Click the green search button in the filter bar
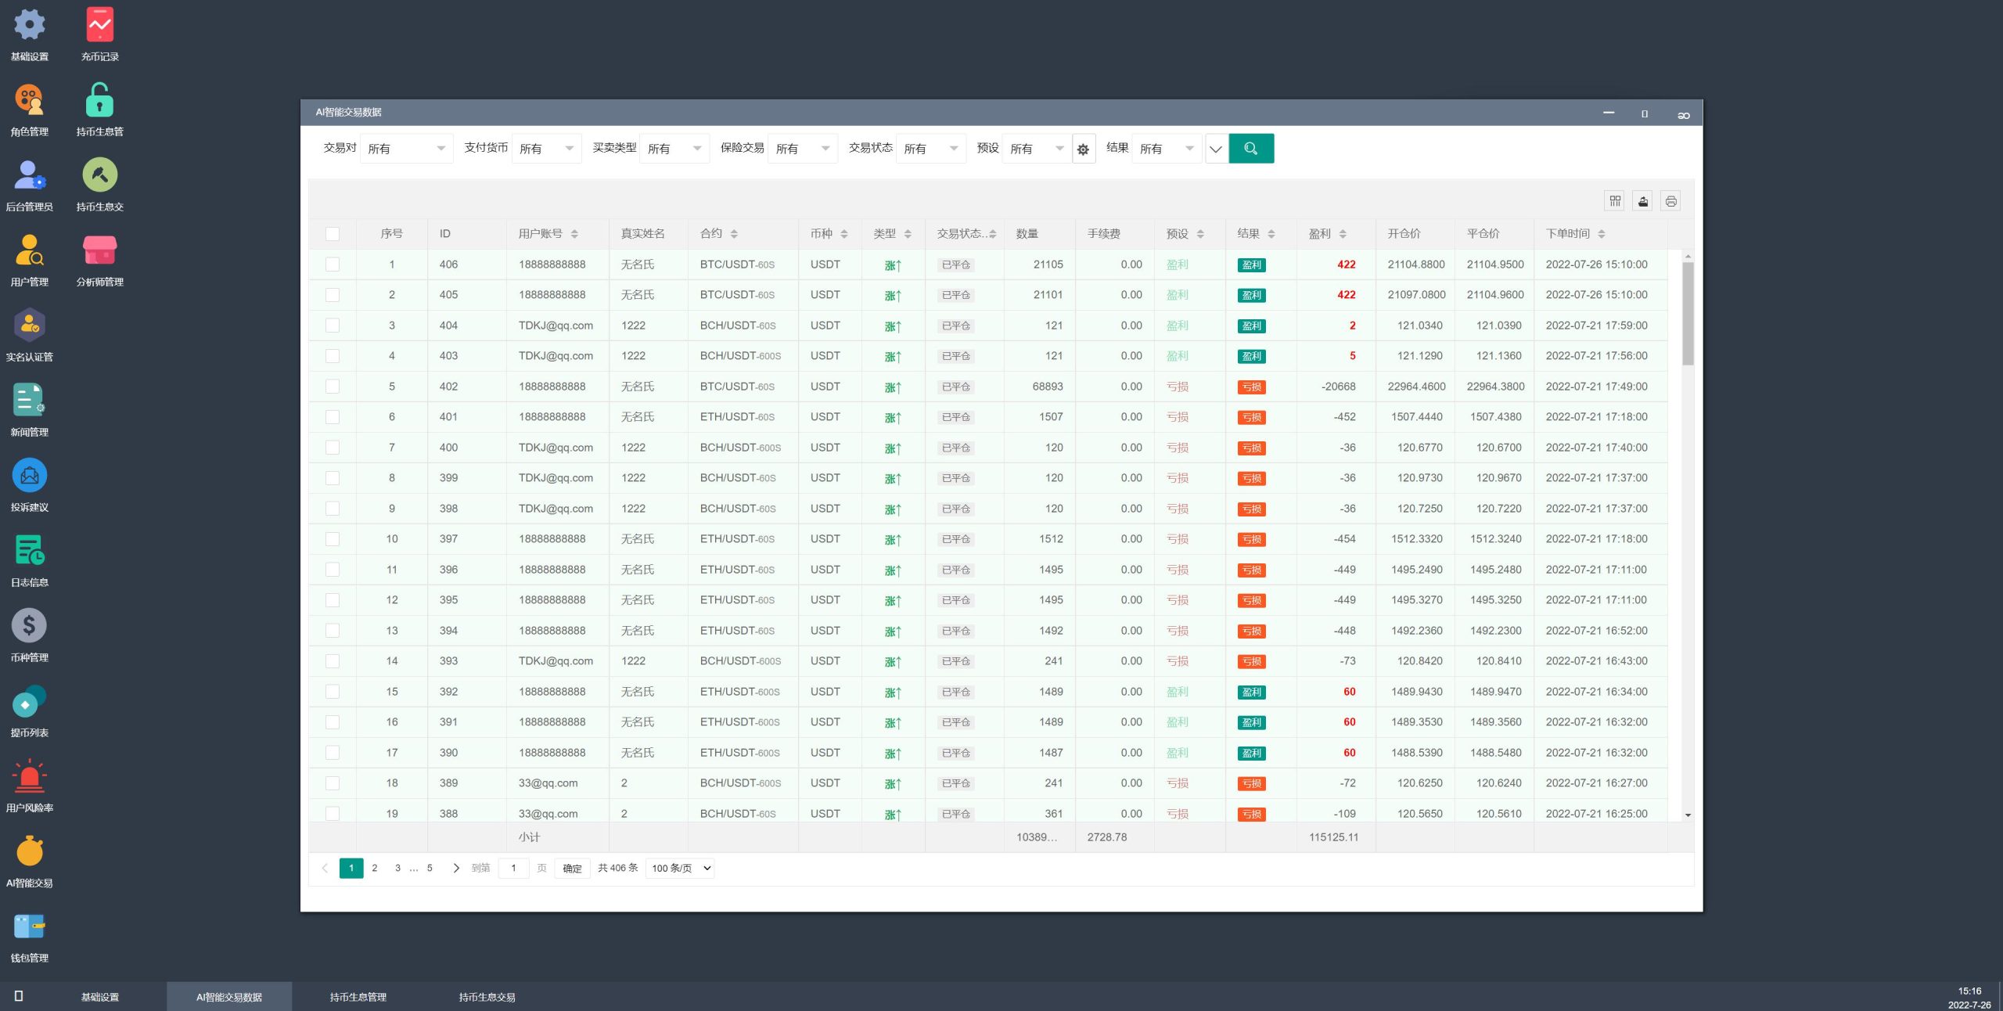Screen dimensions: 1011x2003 (x=1250, y=149)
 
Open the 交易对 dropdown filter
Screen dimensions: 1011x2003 (x=406, y=149)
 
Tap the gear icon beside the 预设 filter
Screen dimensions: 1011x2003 (x=1083, y=149)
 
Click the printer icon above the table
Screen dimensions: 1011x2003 (x=1670, y=202)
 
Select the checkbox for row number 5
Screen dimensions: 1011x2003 (x=333, y=387)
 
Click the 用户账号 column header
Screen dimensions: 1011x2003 (x=541, y=234)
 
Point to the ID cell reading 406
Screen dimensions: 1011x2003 (x=448, y=264)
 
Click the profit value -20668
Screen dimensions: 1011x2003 (x=1338, y=387)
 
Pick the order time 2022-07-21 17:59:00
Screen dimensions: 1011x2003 (x=1596, y=326)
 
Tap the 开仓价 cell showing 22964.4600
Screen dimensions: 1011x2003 (x=1416, y=387)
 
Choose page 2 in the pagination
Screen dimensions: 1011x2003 (x=375, y=868)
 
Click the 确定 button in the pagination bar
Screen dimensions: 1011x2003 (x=572, y=869)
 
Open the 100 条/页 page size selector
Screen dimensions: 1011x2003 (x=681, y=869)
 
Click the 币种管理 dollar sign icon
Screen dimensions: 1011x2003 (x=30, y=626)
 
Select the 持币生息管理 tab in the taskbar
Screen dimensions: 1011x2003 (x=358, y=997)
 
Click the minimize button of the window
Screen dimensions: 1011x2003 (x=1608, y=113)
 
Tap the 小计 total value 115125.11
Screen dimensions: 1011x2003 (x=1333, y=837)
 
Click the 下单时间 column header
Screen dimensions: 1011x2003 (x=1568, y=234)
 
